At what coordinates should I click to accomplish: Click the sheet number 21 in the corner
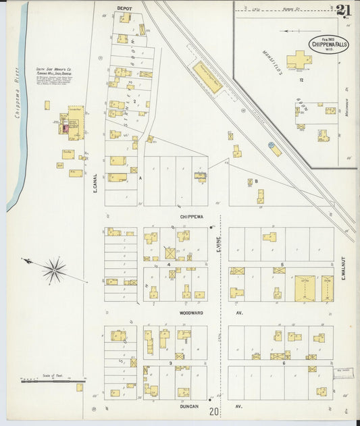coord(343,9)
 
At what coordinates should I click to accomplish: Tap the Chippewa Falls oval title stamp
coord(329,44)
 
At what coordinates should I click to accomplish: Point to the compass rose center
coord(53,270)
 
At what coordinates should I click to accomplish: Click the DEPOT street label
coord(124,8)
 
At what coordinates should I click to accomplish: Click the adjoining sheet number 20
coord(214,411)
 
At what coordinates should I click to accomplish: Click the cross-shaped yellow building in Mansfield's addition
coord(299,61)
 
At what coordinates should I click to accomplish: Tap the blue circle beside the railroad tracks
coord(272,144)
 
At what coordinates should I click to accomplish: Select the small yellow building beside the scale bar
coord(80,388)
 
